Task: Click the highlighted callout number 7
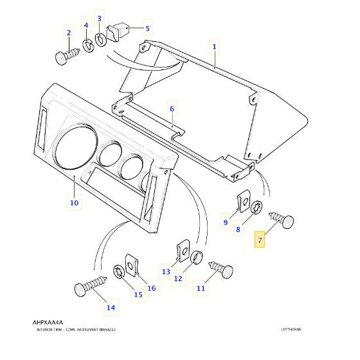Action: point(260,240)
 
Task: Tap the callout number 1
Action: point(214,47)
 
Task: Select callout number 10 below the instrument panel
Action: point(75,203)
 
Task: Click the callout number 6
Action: point(172,109)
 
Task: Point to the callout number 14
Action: point(111,307)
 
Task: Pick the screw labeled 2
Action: point(67,56)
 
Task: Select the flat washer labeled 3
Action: point(100,40)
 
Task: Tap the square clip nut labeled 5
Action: point(117,32)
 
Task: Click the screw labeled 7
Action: point(282,220)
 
